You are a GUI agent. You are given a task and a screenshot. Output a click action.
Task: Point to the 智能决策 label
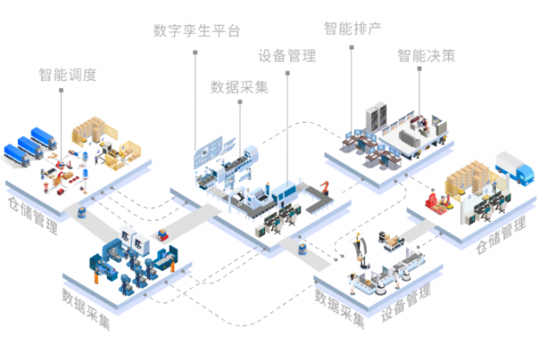tap(426, 56)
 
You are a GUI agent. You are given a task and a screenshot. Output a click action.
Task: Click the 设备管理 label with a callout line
tap(287, 56)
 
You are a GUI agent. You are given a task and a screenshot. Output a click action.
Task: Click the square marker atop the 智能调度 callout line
tap(61, 91)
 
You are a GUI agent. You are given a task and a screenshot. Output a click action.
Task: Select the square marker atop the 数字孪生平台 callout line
tap(194, 54)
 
